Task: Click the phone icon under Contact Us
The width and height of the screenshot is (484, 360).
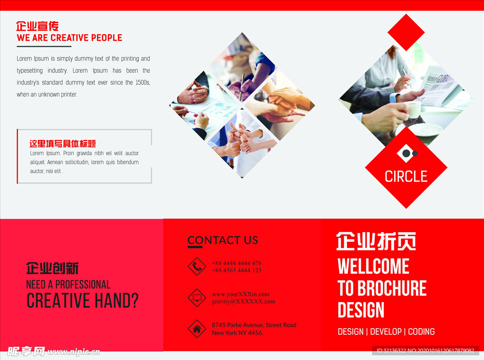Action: click(197, 266)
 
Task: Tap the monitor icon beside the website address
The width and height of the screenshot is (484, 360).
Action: click(197, 298)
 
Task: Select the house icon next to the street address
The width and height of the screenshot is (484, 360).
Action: click(197, 329)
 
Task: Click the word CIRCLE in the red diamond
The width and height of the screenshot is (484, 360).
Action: click(406, 176)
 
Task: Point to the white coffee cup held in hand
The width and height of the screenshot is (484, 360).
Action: click(413, 110)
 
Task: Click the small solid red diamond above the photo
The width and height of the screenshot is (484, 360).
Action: click(406, 32)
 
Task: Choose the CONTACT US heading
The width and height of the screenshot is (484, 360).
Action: click(223, 240)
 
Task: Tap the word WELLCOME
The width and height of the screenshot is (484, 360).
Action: click(373, 266)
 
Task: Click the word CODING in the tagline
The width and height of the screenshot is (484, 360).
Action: click(421, 332)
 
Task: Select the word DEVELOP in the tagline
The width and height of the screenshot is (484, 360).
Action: click(386, 332)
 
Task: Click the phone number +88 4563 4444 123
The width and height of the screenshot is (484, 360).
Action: click(236, 271)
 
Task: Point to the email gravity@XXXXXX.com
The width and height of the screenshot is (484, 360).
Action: click(243, 301)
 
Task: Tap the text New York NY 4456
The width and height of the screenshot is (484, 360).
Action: click(237, 333)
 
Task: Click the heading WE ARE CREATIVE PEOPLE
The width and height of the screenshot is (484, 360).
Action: click(69, 38)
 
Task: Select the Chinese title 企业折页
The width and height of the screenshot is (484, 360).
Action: click(376, 241)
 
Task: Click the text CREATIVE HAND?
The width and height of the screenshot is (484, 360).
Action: click(82, 301)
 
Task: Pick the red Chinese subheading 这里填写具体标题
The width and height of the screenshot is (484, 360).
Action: click(63, 144)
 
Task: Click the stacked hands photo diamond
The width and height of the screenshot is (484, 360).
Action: click(279, 105)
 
